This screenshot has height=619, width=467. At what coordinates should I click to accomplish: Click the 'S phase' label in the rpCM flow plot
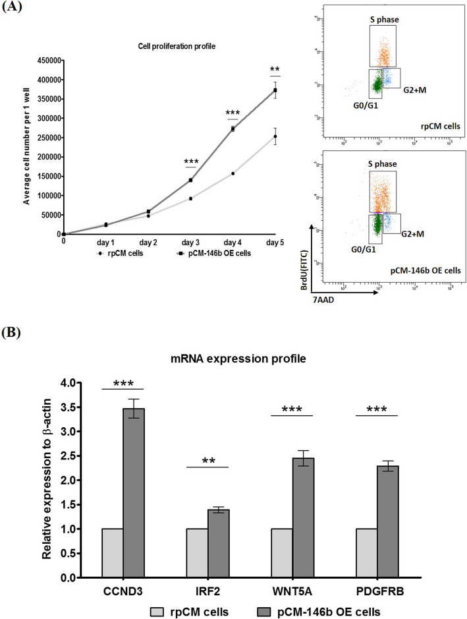tap(383, 20)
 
